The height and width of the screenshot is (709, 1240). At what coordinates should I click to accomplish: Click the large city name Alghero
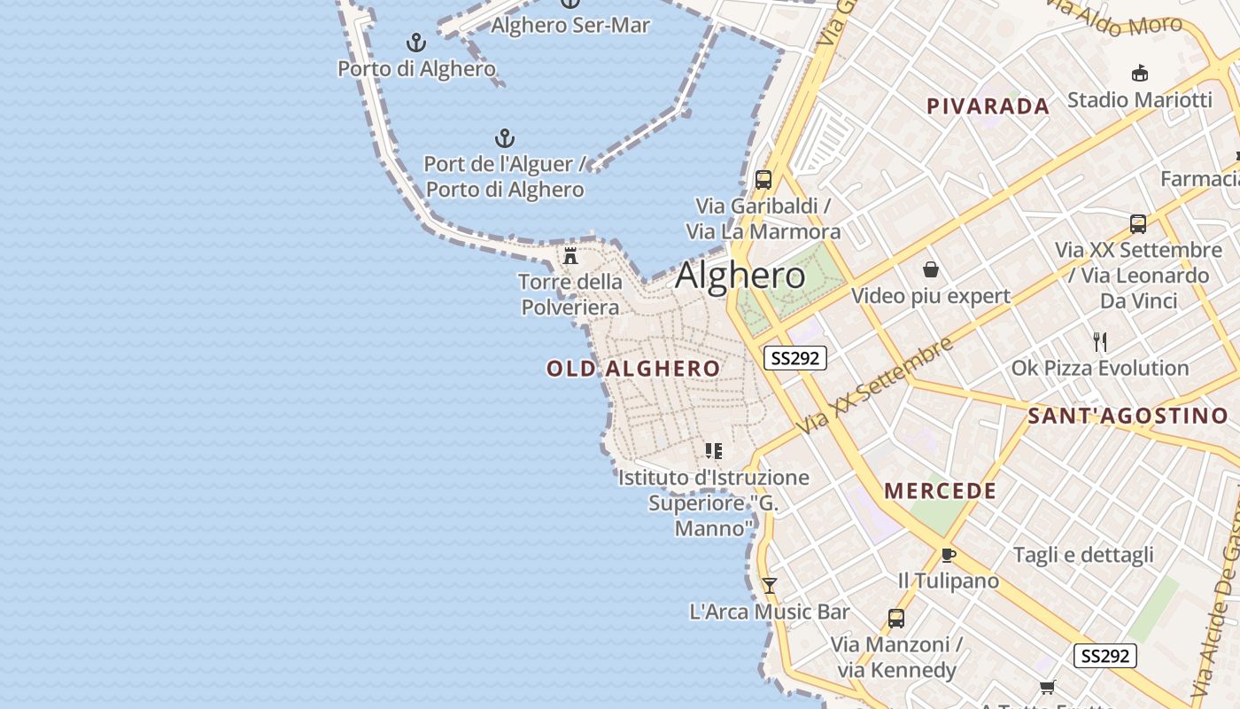[740, 276]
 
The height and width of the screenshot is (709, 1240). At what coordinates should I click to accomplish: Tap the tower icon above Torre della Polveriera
[571, 257]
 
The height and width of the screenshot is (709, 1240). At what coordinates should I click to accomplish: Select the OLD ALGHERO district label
[633, 369]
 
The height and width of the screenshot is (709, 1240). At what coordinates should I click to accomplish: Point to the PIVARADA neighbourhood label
[988, 106]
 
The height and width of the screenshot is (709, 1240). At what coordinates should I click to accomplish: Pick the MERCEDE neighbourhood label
[940, 491]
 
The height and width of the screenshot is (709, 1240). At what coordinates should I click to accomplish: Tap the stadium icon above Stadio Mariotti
[1140, 73]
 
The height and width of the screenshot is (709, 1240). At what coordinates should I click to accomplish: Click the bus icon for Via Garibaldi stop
[763, 180]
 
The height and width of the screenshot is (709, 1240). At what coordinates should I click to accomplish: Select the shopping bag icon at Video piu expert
[931, 269]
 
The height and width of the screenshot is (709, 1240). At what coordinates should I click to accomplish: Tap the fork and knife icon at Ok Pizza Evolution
[1100, 341]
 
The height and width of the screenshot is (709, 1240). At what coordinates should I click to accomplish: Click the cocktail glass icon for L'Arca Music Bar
[770, 585]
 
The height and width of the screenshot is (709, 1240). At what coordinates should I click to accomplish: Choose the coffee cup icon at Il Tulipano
[948, 556]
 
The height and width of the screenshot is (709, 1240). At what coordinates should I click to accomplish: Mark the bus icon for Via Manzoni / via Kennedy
[896, 618]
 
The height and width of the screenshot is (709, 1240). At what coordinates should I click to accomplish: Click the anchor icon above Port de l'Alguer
[505, 138]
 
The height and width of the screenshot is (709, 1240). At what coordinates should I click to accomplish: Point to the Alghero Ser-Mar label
[570, 25]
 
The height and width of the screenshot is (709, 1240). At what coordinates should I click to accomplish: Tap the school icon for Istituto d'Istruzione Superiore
[714, 451]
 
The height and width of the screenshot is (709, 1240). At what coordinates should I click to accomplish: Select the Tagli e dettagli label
[1083, 555]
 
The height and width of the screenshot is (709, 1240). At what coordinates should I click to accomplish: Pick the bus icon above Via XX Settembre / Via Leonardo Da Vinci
[1138, 223]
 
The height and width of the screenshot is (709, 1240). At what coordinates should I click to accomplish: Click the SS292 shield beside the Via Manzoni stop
[1104, 656]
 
